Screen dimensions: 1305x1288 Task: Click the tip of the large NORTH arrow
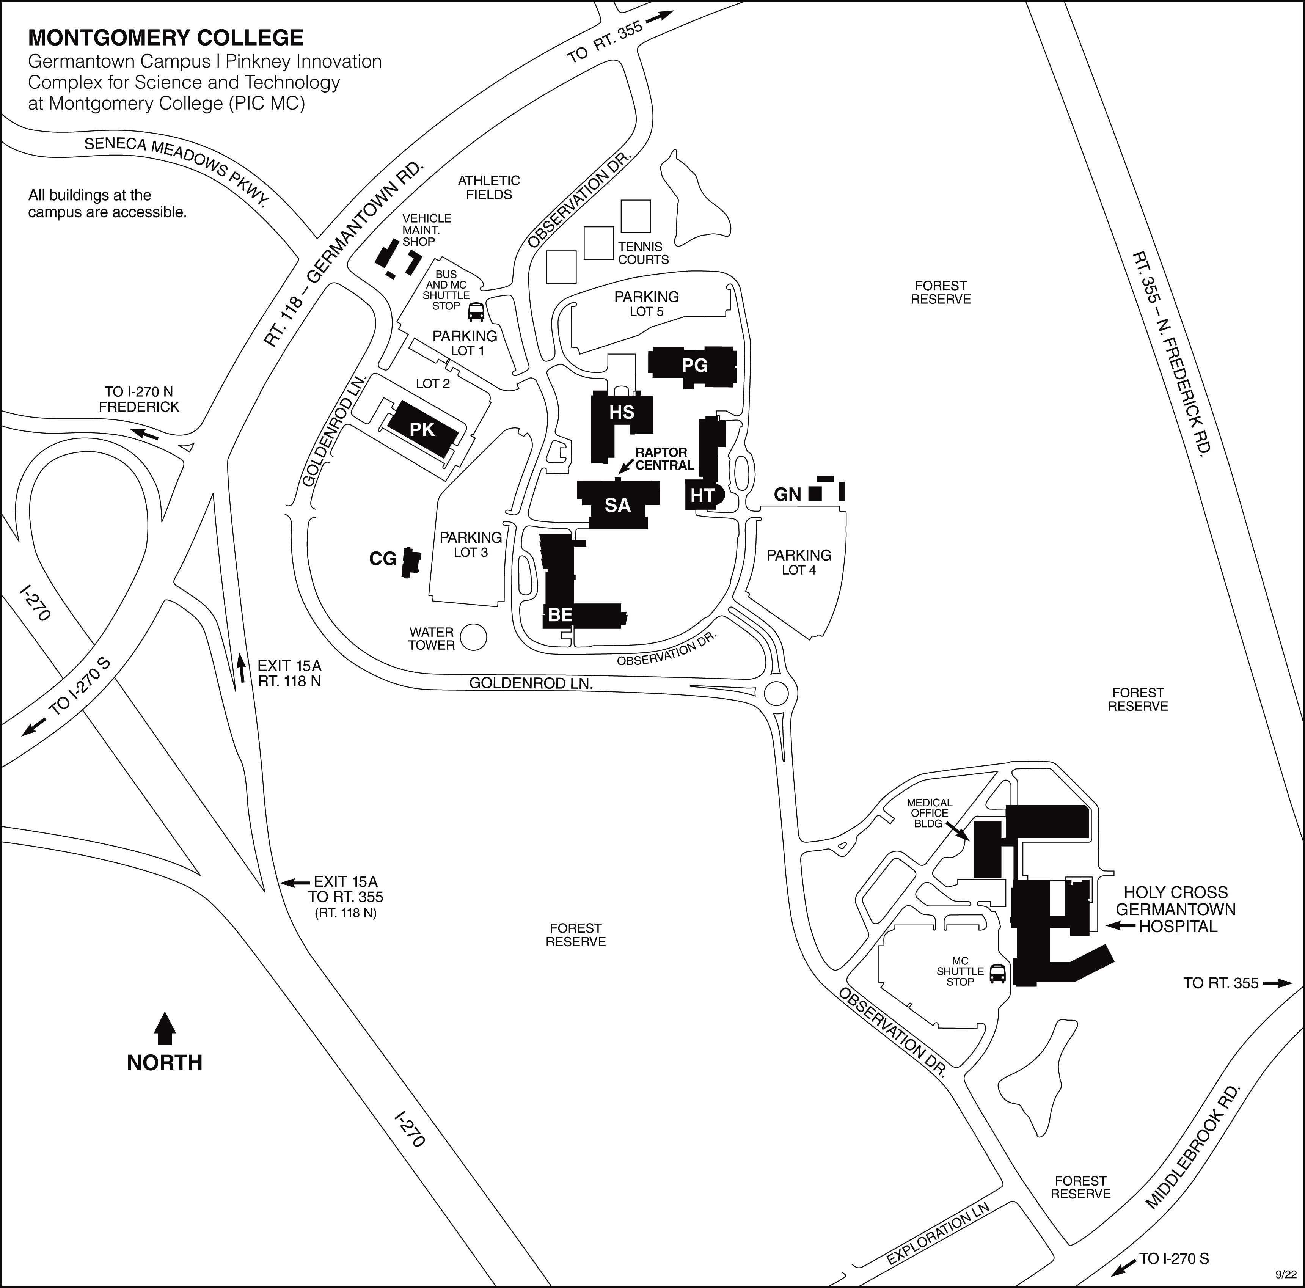coord(165,1011)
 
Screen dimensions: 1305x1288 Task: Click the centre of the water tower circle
coord(474,637)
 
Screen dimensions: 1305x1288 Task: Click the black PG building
coord(693,367)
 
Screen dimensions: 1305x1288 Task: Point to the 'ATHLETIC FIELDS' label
coord(488,187)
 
